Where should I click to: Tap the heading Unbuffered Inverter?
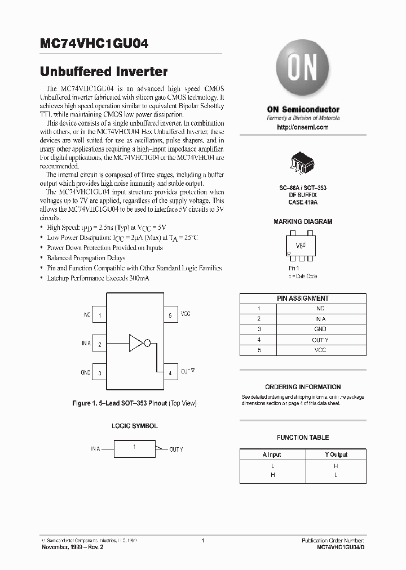tap(104, 72)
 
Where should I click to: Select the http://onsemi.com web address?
tap(303, 127)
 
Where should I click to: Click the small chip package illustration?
tap(303, 162)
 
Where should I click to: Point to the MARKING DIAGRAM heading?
tap(303, 222)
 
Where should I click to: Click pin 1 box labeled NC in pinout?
tap(99, 315)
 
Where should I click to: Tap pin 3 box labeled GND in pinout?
tap(99, 373)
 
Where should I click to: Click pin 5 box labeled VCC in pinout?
tap(170, 315)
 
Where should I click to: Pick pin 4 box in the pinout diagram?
tap(170, 373)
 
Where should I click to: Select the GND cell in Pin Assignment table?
tap(320, 329)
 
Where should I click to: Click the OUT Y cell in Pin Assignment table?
tap(320, 340)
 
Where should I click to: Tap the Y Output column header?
tap(336, 455)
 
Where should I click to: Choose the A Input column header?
tap(272, 455)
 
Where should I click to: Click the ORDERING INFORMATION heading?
tap(303, 387)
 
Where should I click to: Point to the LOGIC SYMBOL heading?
tap(134, 426)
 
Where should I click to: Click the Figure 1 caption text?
tap(134, 403)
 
